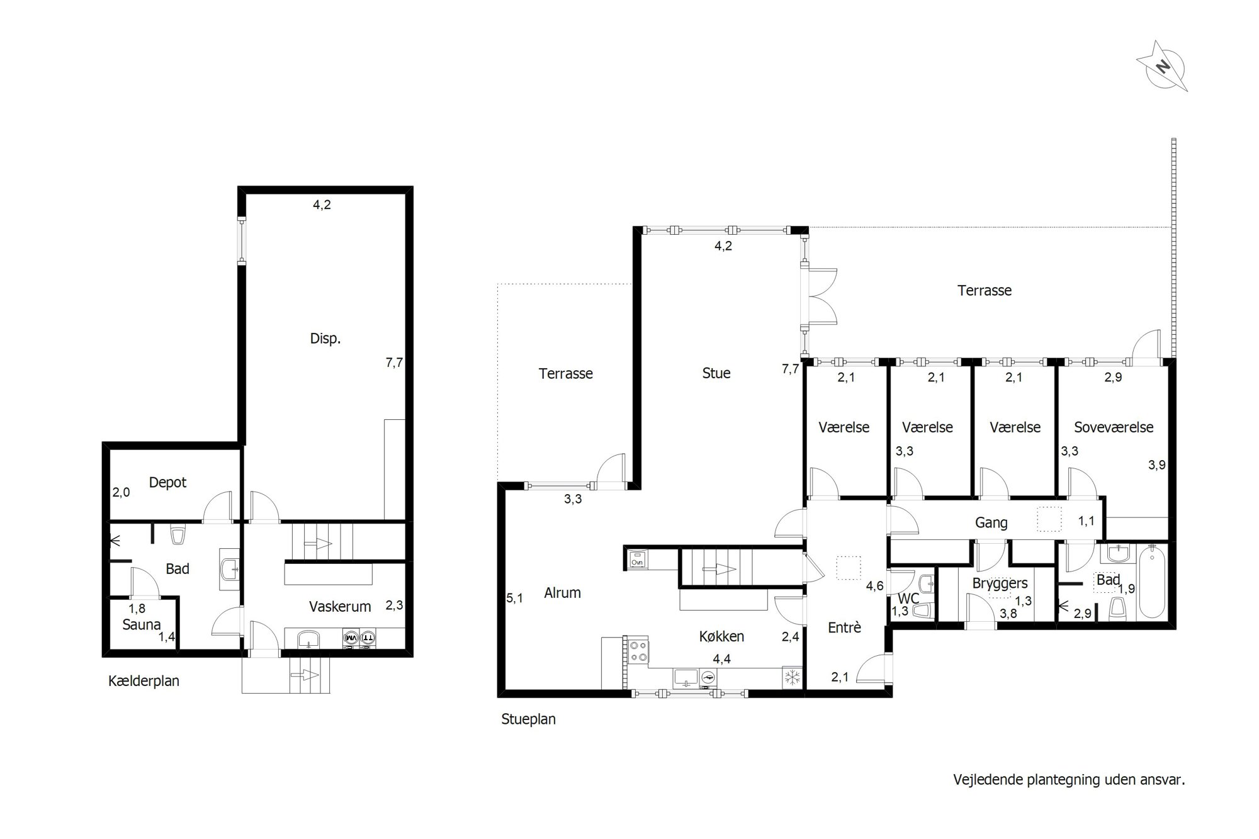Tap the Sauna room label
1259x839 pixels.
coord(142,625)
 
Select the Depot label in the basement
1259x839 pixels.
coord(167,483)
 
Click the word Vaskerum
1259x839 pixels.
coord(340,607)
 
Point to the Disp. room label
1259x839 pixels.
coord(325,339)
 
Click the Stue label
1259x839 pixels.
coord(716,373)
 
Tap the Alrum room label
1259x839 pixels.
coord(562,593)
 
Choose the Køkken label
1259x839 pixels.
coord(721,636)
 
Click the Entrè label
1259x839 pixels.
coord(844,628)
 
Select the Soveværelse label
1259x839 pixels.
coord(1114,427)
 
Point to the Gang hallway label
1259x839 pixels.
coord(991,522)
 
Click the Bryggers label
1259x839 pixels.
coord(1000,583)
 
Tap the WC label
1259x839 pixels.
coord(908,599)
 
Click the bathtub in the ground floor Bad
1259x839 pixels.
coord(1152,582)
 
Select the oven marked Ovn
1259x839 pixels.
coord(636,558)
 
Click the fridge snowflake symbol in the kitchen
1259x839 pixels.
coord(793,678)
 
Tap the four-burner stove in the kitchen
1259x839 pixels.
coord(638,650)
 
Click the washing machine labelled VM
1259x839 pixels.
coord(350,638)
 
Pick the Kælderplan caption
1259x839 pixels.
coord(144,681)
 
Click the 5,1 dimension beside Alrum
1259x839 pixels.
coord(514,599)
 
